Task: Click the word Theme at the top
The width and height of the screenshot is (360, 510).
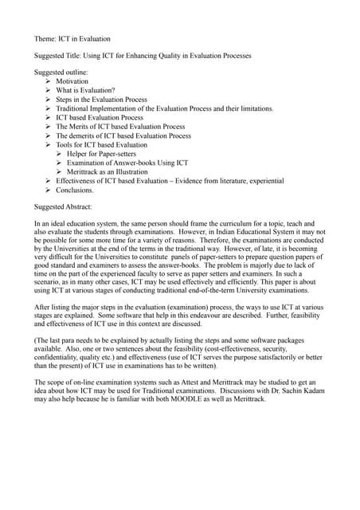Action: coord(45,38)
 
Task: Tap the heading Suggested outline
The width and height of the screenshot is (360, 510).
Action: coord(61,73)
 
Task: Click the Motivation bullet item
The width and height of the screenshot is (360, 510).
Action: coord(72,82)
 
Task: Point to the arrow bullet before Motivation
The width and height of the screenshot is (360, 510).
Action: coord(49,82)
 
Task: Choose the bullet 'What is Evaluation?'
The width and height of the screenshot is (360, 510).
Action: coord(85,91)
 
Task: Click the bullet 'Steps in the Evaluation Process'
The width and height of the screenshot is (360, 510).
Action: coord(101,100)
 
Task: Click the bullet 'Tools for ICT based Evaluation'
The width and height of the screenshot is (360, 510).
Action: coord(101,145)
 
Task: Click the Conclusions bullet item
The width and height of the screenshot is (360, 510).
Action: coord(75,190)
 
